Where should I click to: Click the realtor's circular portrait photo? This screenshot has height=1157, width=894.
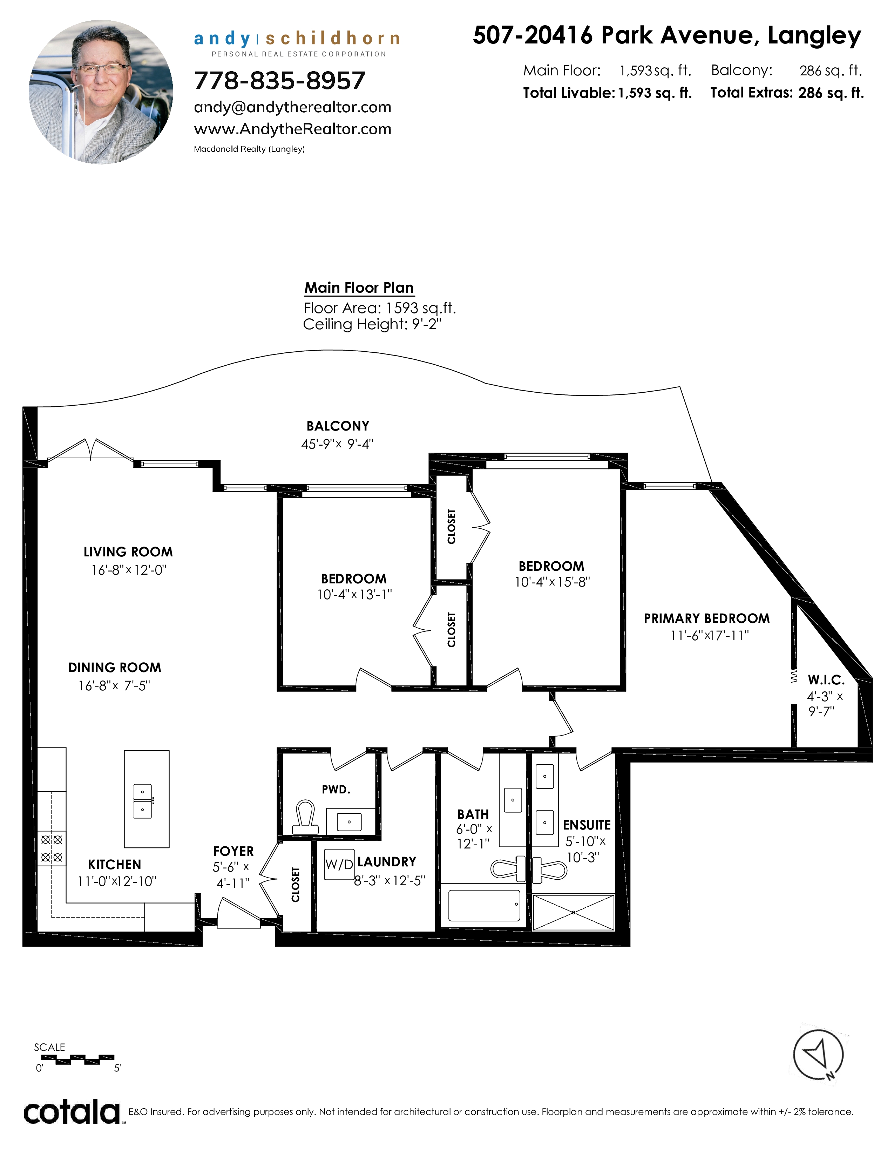tap(101, 92)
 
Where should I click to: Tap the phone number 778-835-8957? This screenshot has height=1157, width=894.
tap(280, 81)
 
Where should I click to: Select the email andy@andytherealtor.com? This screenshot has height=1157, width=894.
tap(292, 108)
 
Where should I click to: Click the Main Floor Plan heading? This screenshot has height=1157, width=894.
tap(359, 287)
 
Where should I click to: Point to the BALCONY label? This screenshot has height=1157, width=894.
tap(338, 426)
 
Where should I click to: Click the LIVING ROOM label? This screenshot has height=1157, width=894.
tap(128, 552)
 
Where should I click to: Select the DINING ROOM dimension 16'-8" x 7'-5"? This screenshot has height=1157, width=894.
tap(114, 685)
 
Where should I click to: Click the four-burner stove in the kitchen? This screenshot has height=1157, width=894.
tap(52, 848)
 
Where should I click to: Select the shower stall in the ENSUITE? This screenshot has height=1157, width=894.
tap(574, 912)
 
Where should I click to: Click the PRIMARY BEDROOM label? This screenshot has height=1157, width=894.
tap(706, 619)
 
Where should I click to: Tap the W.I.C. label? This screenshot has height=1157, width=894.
tap(826, 680)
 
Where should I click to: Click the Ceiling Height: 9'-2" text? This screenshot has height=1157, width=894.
tap(372, 324)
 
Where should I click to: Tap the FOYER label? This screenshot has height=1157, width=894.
tap(233, 851)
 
